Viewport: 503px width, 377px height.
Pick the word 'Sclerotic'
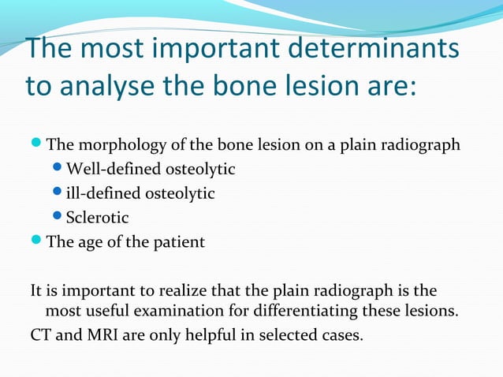pyautogui.click(x=97, y=217)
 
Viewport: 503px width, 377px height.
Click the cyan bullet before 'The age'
pyautogui.click(x=38, y=241)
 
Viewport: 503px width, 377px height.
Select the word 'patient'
pyautogui.click(x=180, y=242)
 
